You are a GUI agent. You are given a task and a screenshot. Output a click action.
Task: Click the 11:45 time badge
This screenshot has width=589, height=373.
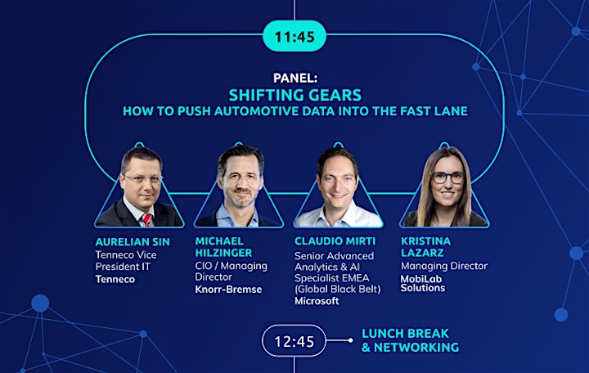294,36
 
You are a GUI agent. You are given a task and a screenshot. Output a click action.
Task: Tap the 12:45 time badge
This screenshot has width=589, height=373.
294,341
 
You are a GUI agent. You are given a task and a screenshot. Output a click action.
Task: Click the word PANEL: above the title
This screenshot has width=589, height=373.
295,78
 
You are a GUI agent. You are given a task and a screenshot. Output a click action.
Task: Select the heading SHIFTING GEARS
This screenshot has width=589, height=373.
294,95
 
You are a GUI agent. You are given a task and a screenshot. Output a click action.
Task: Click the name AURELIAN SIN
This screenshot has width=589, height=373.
133,242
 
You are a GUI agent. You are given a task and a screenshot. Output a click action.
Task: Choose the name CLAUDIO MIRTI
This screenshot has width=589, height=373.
335,241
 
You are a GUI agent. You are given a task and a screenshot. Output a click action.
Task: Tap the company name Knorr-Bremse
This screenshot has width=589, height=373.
228,290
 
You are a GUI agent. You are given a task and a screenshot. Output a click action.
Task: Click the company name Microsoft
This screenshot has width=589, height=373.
317,301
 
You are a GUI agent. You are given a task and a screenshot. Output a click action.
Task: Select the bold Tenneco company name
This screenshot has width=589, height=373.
115,279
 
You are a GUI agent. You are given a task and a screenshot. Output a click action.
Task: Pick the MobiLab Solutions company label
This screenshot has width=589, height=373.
423,283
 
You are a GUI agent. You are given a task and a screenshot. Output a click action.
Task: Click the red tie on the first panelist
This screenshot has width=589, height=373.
147,220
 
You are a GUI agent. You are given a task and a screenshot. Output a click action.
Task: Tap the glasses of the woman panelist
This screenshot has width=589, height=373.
448,178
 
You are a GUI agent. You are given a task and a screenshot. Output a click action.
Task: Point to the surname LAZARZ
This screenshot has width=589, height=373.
422,253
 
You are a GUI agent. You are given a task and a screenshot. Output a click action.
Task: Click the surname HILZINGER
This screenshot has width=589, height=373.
223,253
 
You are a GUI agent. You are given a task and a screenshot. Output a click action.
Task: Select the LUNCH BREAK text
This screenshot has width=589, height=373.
405,334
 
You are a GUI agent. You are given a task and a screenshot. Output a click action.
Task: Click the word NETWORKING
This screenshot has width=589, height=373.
416,348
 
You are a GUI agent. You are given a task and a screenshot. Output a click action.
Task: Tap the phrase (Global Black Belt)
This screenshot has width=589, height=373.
337,290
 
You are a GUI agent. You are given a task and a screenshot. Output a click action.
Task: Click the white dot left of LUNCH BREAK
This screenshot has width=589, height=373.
350,340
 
